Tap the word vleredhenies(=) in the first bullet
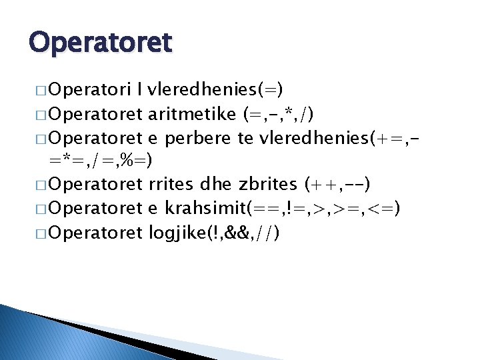[215, 89]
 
